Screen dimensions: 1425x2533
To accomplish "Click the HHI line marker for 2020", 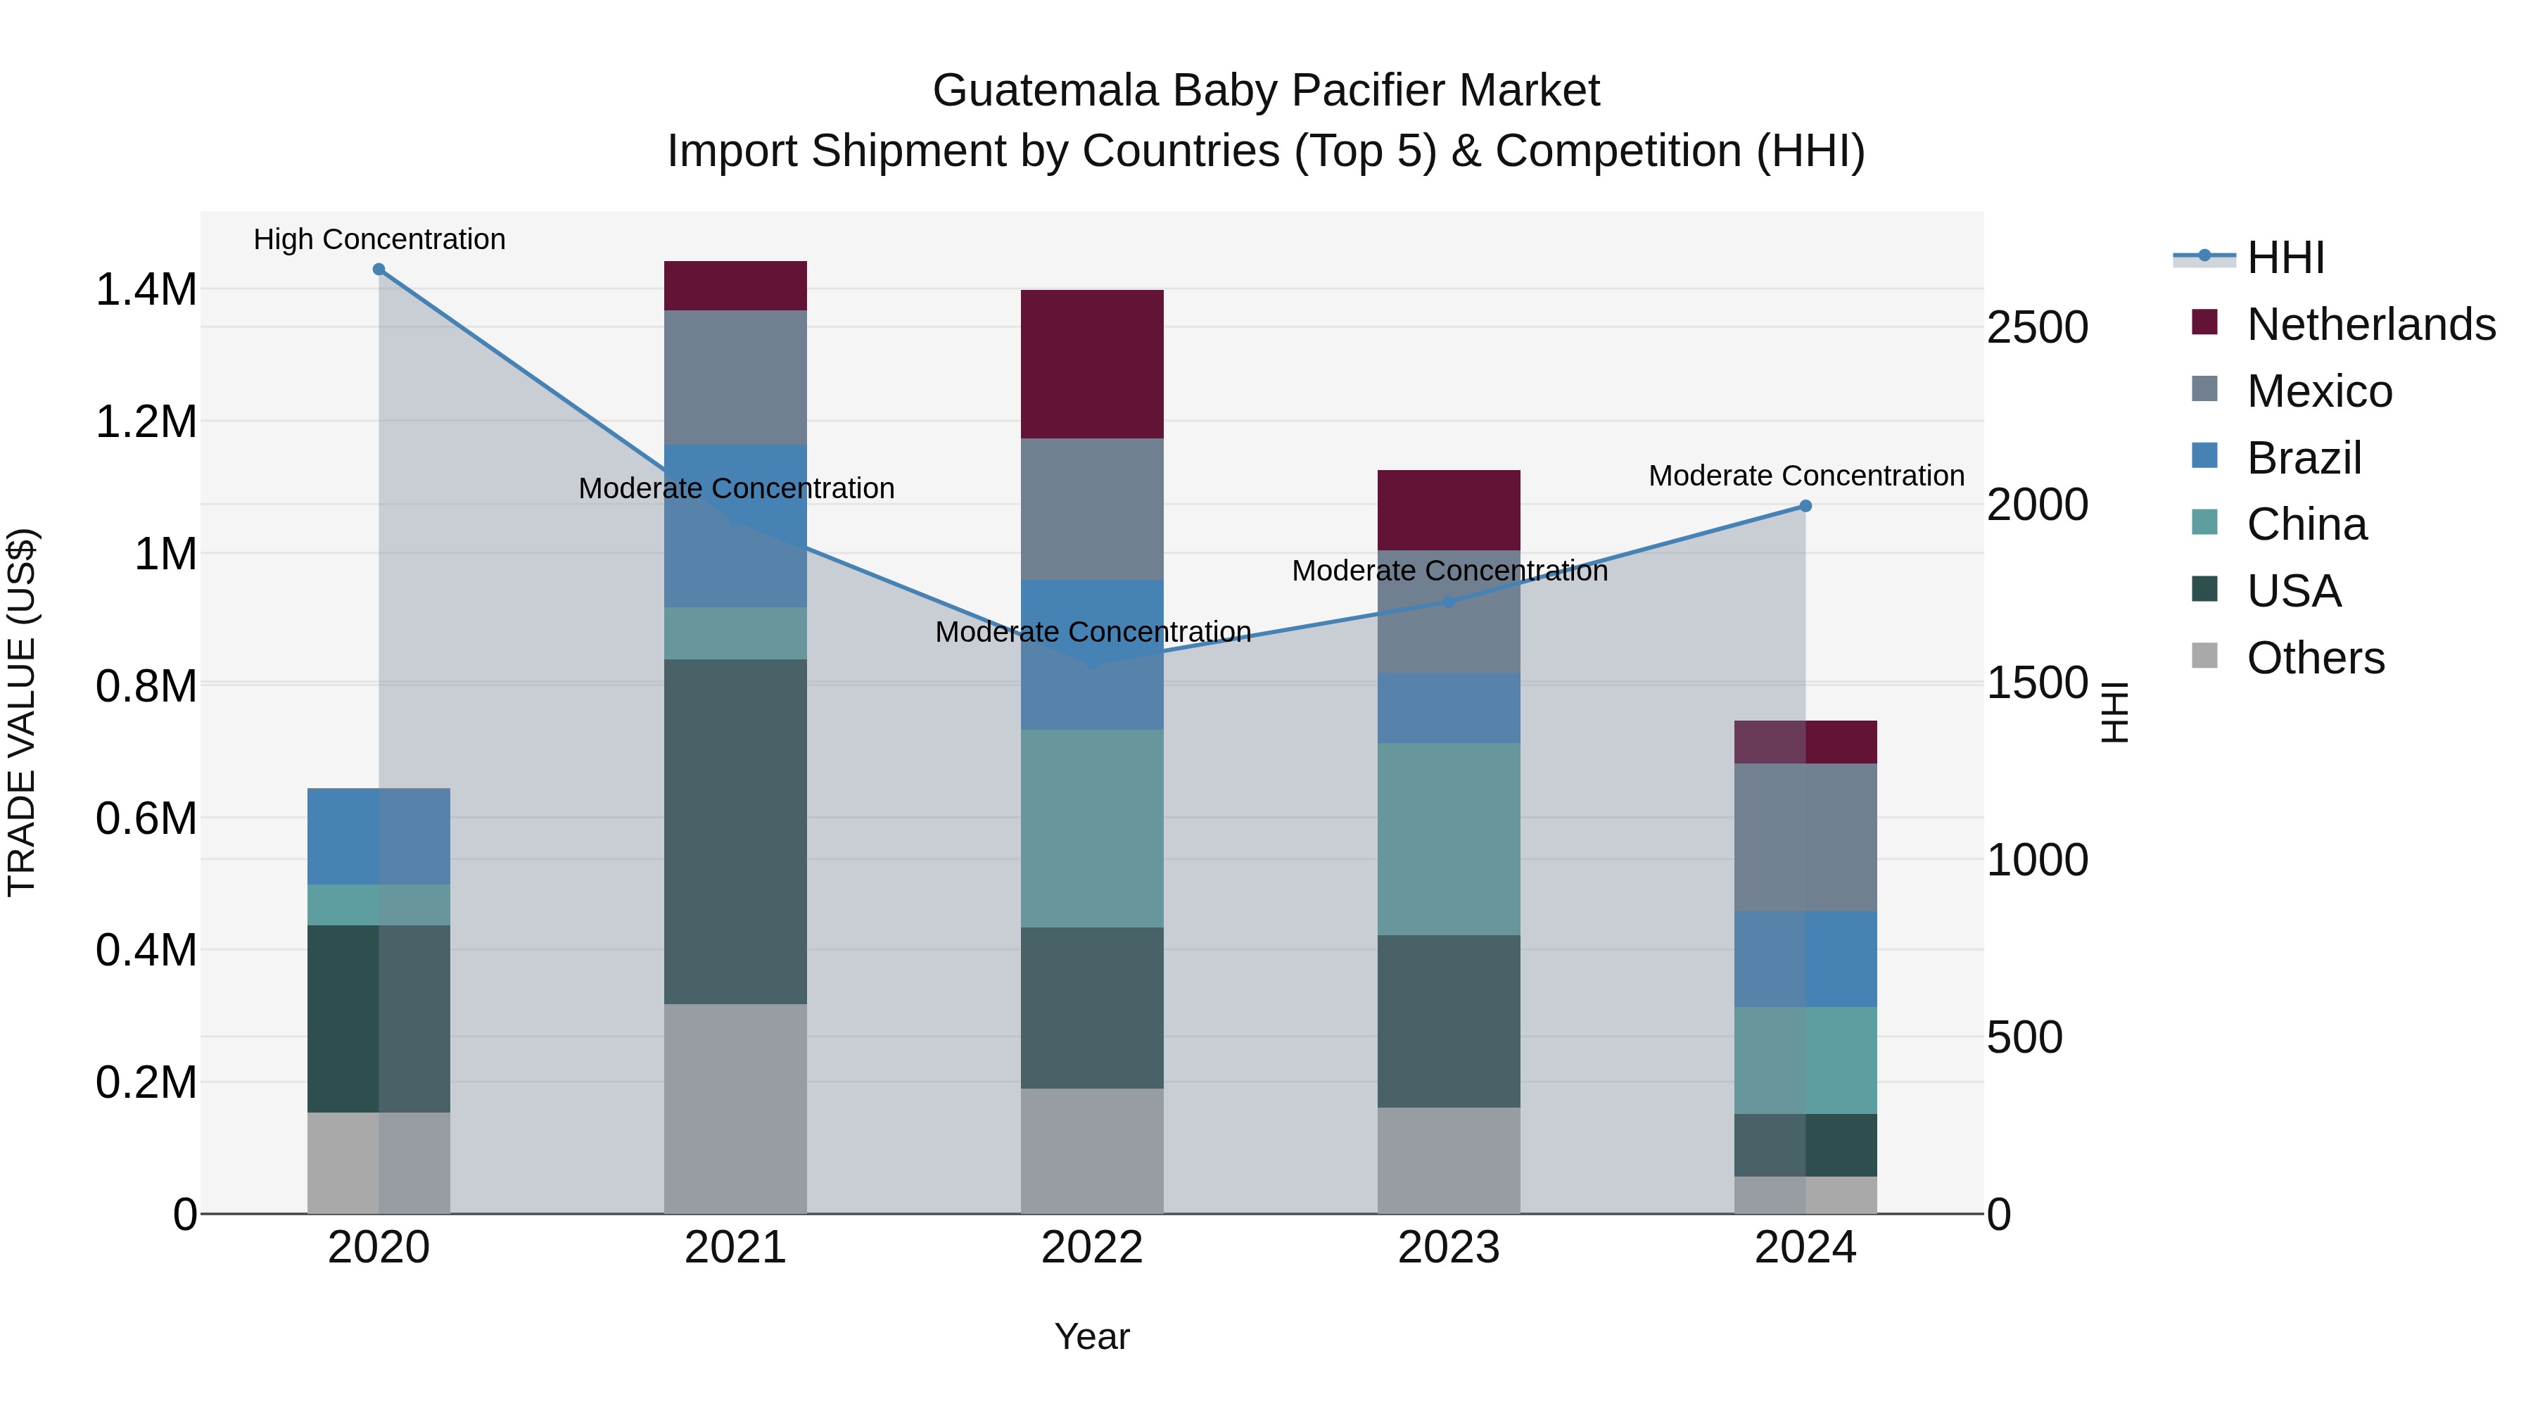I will (379, 270).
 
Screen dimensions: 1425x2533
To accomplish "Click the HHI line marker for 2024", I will (1805, 507).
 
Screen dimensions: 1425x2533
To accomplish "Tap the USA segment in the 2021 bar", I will (735, 831).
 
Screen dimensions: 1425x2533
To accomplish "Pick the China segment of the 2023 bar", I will (1449, 839).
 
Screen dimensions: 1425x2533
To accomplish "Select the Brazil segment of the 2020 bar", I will (379, 836).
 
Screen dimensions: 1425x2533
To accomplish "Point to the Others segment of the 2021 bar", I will (735, 1108).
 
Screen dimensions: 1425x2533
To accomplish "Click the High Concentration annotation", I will (379, 239).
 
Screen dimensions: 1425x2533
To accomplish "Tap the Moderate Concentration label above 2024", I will (1806, 476).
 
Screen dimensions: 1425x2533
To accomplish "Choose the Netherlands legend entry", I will (2370, 324).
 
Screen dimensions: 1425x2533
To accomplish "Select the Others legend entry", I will (2315, 658).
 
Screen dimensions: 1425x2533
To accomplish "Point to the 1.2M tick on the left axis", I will (146, 422).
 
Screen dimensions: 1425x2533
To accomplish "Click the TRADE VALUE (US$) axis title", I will (22, 712).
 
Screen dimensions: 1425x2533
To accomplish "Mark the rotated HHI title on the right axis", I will (2114, 712).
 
